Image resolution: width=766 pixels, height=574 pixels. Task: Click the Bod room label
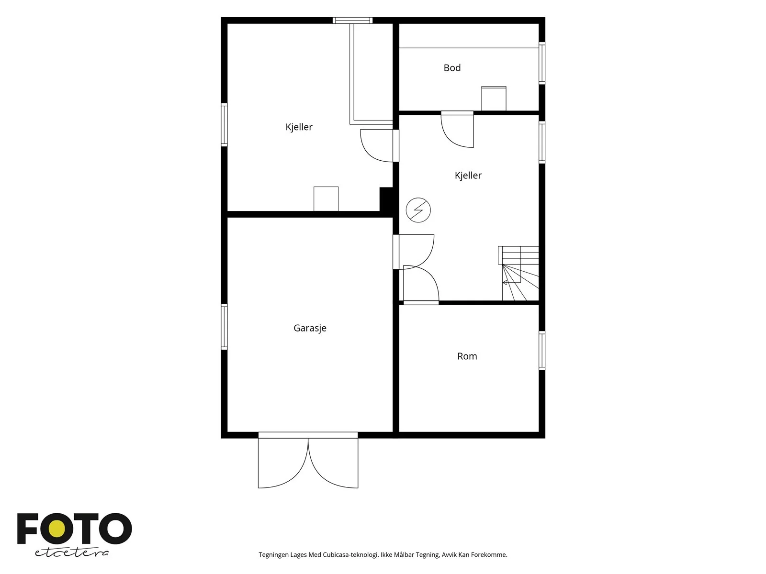click(x=452, y=67)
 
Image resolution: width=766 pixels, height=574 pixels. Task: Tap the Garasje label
click(x=310, y=328)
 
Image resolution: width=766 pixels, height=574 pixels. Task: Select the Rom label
click(x=467, y=356)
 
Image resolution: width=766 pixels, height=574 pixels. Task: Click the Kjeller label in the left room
click(x=299, y=127)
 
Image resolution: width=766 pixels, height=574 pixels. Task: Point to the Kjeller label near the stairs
click(x=468, y=175)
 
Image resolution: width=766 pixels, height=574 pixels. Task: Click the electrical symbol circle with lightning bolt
click(x=418, y=210)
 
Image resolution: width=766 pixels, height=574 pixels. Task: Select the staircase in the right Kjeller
click(x=518, y=273)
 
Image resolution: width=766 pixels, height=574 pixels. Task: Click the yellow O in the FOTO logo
click(x=57, y=529)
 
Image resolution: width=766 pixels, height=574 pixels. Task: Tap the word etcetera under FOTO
click(x=72, y=553)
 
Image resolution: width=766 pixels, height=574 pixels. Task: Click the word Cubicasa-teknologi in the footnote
click(x=350, y=555)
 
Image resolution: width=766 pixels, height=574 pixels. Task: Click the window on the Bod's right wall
click(x=542, y=63)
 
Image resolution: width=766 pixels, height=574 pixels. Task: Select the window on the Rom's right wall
click(x=542, y=351)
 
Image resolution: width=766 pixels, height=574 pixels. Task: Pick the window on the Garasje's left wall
click(x=224, y=327)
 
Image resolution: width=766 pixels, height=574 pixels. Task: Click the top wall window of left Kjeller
click(x=352, y=21)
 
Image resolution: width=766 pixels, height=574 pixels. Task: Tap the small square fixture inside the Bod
click(x=494, y=99)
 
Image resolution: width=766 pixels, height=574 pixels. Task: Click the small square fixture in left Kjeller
click(x=326, y=199)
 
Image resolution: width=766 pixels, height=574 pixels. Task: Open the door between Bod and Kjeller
click(x=457, y=129)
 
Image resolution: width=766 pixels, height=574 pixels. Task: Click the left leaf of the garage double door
click(x=283, y=463)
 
